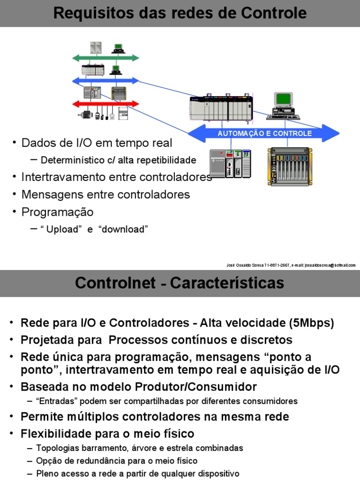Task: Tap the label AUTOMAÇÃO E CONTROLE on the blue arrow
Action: (x=264, y=134)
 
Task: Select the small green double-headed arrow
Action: (x=106, y=58)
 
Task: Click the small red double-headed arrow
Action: (x=106, y=104)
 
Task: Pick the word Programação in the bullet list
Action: (x=58, y=212)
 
